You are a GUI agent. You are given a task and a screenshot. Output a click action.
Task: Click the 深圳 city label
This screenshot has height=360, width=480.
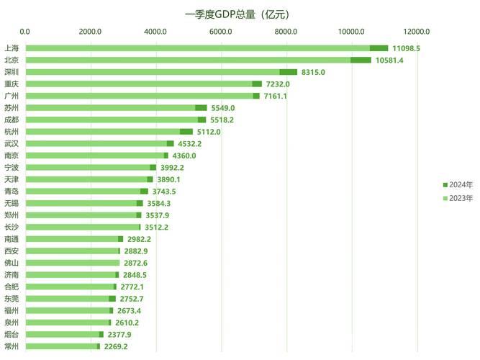[11, 72]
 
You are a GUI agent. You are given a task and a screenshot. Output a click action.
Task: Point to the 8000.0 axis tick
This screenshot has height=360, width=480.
[286, 32]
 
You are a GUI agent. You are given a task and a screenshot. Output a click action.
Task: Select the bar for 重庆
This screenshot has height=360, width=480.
[140, 84]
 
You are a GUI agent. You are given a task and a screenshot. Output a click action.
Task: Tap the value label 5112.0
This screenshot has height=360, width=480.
[209, 132]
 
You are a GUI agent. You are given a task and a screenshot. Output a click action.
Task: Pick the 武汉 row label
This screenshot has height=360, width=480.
[11, 143]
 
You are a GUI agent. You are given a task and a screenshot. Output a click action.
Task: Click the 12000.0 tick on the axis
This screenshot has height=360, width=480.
[417, 32]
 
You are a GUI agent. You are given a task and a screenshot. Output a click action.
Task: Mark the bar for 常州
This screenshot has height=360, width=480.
[62, 346]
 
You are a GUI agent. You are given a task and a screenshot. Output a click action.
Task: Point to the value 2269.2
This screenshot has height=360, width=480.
[120, 346]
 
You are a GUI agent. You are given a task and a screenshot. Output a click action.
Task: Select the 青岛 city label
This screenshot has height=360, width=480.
[11, 191]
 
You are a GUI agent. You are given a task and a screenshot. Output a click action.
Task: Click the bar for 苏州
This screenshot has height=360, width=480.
[112, 108]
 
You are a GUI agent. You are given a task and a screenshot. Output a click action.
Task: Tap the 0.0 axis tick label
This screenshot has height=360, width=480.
[25, 32]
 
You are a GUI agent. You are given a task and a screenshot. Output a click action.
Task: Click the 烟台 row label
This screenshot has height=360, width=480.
[11, 334]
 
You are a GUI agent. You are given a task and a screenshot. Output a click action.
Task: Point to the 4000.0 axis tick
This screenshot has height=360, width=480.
[155, 32]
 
